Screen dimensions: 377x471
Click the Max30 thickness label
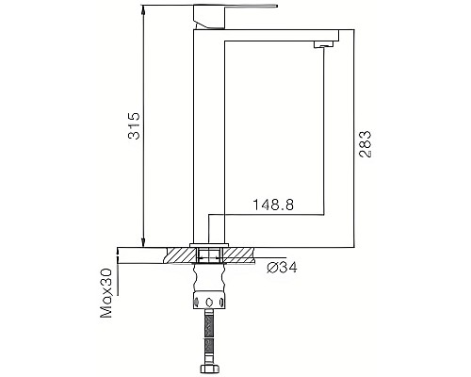coord(106,293)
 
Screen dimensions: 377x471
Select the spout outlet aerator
coord(325,44)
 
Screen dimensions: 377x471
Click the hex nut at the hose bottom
coord(209,366)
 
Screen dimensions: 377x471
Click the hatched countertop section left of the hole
coord(179,254)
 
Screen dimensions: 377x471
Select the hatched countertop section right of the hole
coord(239,254)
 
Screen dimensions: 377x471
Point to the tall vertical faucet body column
coord(207,132)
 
